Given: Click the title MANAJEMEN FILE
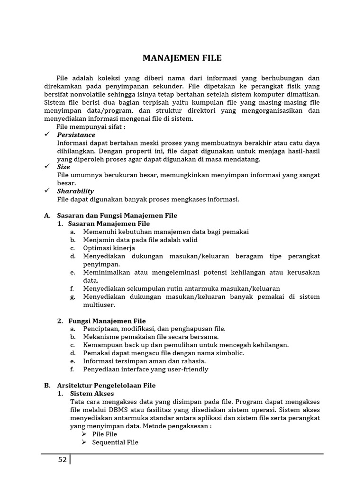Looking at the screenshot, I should click(182, 58).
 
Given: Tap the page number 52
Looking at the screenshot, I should click(62, 459).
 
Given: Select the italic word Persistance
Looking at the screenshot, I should click(76, 135).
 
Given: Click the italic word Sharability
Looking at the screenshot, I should click(75, 191).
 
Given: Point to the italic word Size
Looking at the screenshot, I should click(64, 167).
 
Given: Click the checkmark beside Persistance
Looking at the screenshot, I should click(47, 135).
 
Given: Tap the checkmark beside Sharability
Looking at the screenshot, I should click(47, 190).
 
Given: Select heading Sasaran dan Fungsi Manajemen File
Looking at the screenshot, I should click(117, 216).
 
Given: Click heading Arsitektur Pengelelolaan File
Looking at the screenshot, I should click(106, 385).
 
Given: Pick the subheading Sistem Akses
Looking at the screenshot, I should click(92, 393).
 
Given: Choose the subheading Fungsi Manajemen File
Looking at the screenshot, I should click(107, 321).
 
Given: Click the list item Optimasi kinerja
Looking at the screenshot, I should click(109, 248).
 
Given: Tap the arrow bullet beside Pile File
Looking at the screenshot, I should click(84, 434).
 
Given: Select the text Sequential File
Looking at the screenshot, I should click(115, 442).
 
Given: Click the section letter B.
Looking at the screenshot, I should click(47, 385).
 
